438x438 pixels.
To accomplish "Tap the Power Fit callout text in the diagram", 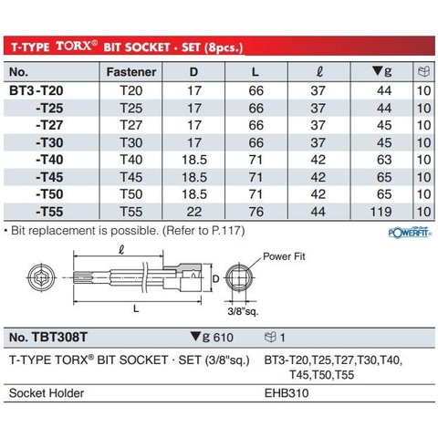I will click(291, 257).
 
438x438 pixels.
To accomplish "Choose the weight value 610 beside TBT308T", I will click(212, 337).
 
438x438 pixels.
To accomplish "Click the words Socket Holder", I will click(47, 395).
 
